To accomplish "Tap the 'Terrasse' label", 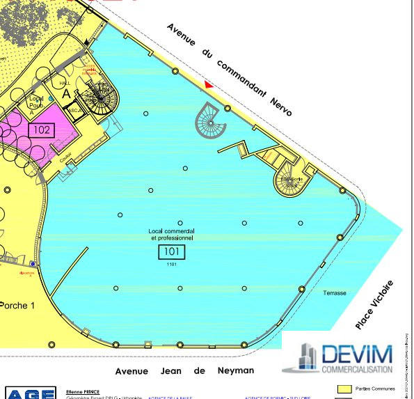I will (334, 293).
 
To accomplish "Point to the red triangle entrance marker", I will (208, 85).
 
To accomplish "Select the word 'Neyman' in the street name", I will (234, 371).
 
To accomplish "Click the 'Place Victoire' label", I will (374, 304).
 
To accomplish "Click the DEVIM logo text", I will (356, 354).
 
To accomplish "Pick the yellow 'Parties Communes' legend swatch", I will (343, 389).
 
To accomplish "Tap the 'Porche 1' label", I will (16, 305).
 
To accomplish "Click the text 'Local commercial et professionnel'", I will (171, 234).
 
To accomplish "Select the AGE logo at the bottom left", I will (30, 394).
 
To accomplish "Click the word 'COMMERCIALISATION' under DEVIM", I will (356, 369).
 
